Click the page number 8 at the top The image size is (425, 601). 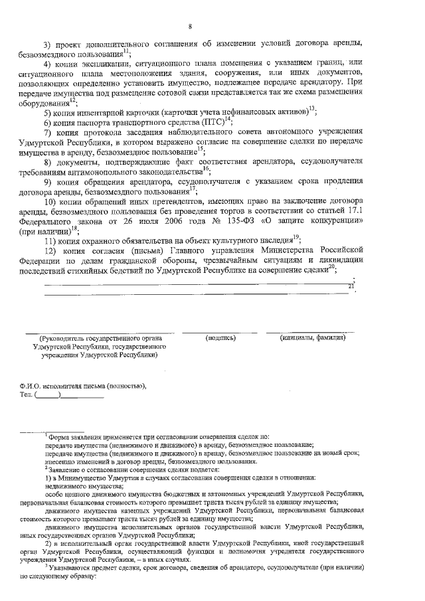pos(190,27)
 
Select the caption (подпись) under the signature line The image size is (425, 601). pos(221,337)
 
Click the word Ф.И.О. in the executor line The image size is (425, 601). pos(32,385)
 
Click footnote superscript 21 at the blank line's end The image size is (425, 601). pos(351,286)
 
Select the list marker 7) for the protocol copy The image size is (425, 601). pos(48,132)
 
